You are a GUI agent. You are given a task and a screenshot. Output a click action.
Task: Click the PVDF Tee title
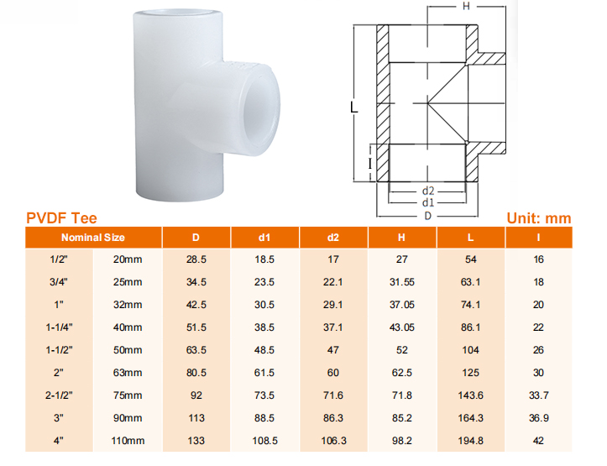click(x=61, y=218)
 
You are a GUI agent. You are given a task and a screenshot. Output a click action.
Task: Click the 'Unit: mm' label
click(x=538, y=218)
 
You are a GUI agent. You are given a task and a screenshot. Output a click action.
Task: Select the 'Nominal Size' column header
click(x=92, y=238)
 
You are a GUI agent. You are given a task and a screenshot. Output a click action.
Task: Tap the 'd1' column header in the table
click(x=264, y=238)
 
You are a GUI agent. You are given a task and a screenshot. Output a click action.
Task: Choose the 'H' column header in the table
click(x=401, y=238)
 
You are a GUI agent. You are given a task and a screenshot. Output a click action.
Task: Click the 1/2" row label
click(x=59, y=259)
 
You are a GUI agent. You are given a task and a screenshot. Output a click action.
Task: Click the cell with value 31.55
click(x=401, y=282)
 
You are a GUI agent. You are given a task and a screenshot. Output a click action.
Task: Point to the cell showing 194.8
click(x=470, y=441)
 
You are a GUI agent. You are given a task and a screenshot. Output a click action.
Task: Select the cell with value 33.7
click(x=538, y=395)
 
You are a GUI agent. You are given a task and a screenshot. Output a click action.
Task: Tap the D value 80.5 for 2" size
click(x=196, y=373)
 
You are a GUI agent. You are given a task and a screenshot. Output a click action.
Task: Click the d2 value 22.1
click(x=333, y=282)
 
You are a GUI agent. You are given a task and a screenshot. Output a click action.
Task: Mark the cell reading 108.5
click(x=264, y=441)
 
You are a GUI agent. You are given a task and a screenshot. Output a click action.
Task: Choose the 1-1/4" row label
click(x=59, y=327)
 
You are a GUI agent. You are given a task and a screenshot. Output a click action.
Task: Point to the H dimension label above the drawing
click(x=466, y=7)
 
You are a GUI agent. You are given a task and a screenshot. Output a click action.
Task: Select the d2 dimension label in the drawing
click(x=427, y=191)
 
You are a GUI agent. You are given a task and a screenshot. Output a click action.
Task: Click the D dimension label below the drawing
click(x=427, y=215)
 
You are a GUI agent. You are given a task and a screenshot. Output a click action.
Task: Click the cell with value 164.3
click(x=470, y=418)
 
